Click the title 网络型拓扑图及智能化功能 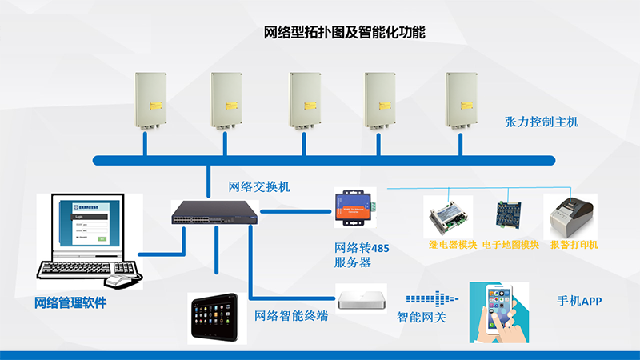pos(344,33)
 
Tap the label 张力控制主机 pos(542,122)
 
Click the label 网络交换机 pos(259,187)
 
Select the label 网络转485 pos(362,248)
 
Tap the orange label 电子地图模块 pos(511,245)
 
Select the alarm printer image pos(569,213)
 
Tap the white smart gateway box pos(362,298)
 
